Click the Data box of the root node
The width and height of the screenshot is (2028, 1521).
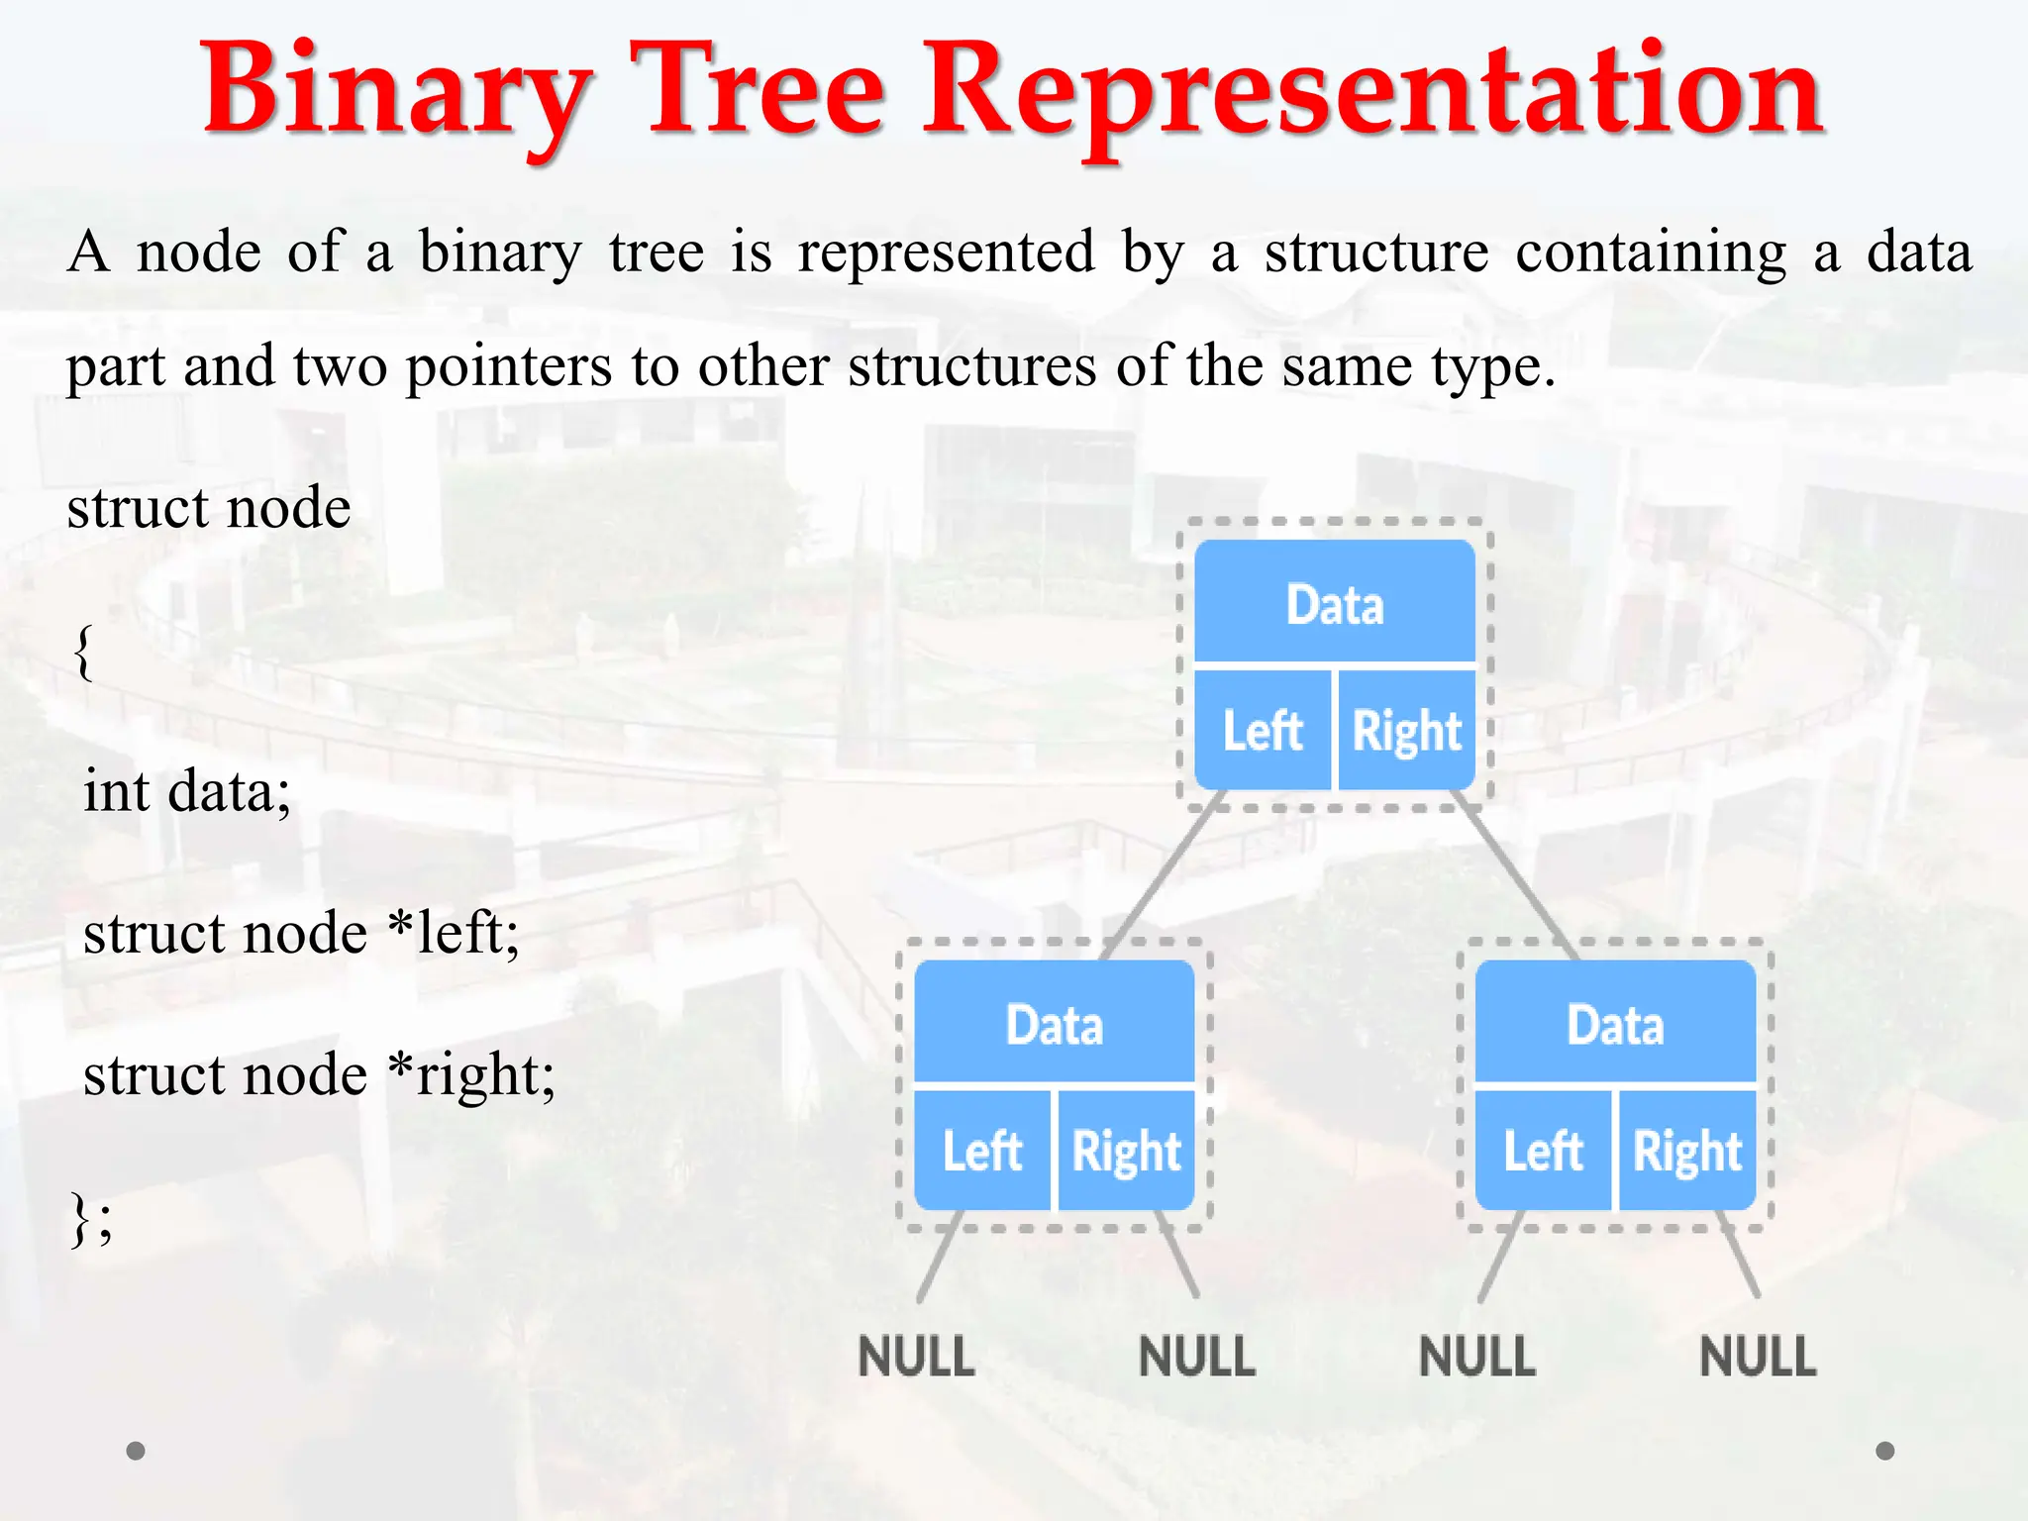(x=1334, y=602)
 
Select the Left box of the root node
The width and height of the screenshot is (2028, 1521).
(x=1262, y=731)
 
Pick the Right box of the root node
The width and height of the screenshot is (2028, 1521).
(x=1406, y=731)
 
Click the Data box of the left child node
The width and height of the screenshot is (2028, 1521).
(x=1054, y=1022)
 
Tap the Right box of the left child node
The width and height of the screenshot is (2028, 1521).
(x=1126, y=1151)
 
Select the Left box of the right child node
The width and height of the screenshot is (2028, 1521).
(x=1542, y=1151)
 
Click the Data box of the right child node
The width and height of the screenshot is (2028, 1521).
(x=1615, y=1022)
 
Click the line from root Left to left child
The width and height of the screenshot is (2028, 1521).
(x=1164, y=876)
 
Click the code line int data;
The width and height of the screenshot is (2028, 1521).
(x=186, y=792)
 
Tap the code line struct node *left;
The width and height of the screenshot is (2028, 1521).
(x=301, y=934)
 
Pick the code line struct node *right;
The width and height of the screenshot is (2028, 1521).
(x=319, y=1075)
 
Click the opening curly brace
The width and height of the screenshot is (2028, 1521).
(x=84, y=652)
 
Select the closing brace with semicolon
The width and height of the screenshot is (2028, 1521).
(x=91, y=1218)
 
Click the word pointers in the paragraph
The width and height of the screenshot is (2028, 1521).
(x=508, y=366)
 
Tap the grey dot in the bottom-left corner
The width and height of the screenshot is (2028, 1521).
(x=136, y=1451)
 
